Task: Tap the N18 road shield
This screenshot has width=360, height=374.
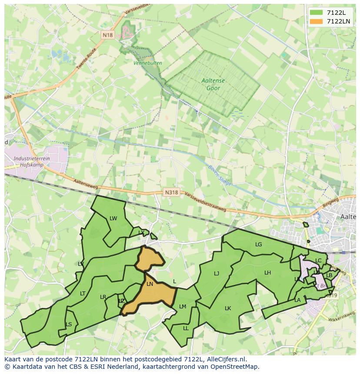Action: (x=108, y=35)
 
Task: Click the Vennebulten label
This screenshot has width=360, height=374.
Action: (x=148, y=63)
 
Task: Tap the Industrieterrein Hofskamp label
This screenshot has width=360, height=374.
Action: (x=32, y=162)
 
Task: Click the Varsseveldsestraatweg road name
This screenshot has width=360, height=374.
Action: (x=206, y=202)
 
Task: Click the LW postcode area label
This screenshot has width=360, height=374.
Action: (x=113, y=218)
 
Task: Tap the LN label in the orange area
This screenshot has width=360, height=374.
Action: (x=150, y=284)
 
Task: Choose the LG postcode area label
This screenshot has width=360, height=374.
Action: (x=259, y=245)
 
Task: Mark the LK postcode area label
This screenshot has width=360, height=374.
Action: (x=228, y=308)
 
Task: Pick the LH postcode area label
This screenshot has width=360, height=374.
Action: (x=267, y=273)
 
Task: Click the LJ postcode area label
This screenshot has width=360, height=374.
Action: (x=217, y=274)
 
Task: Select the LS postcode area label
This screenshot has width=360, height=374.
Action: (x=69, y=324)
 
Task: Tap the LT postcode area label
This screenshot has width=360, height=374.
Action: (x=83, y=294)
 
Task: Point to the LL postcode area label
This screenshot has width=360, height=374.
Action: (x=186, y=328)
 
